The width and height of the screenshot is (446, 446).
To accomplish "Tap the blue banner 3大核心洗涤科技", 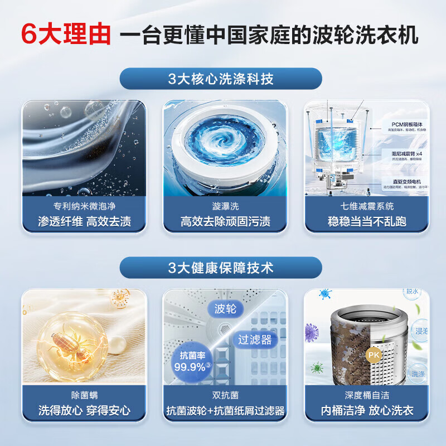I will pyautogui.click(x=221, y=79).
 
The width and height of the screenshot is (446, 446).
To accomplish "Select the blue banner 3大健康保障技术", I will pyautogui.click(x=221, y=268).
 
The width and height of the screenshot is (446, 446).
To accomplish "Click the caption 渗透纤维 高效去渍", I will pyautogui.click(x=85, y=221).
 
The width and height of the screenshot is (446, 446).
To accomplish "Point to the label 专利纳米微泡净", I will pyautogui.click(x=85, y=205).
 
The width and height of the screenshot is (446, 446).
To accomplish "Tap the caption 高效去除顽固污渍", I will pyautogui.click(x=225, y=221).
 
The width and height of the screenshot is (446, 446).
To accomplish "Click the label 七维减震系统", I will pyautogui.click(x=366, y=205).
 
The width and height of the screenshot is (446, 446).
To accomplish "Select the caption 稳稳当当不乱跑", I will pyautogui.click(x=366, y=221).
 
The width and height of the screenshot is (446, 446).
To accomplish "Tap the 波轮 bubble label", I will pyautogui.click(x=225, y=309).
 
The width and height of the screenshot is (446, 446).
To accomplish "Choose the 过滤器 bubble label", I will pyautogui.click(x=254, y=339).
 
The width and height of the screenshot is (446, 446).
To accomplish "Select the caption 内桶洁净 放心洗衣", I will pyautogui.click(x=366, y=410).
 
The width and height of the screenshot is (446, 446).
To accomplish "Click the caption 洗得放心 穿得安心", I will pyautogui.click(x=85, y=410).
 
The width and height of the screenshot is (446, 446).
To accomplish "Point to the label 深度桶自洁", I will pyautogui.click(x=366, y=395).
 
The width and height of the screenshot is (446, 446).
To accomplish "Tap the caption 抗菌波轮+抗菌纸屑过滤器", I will pyautogui.click(x=225, y=410).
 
